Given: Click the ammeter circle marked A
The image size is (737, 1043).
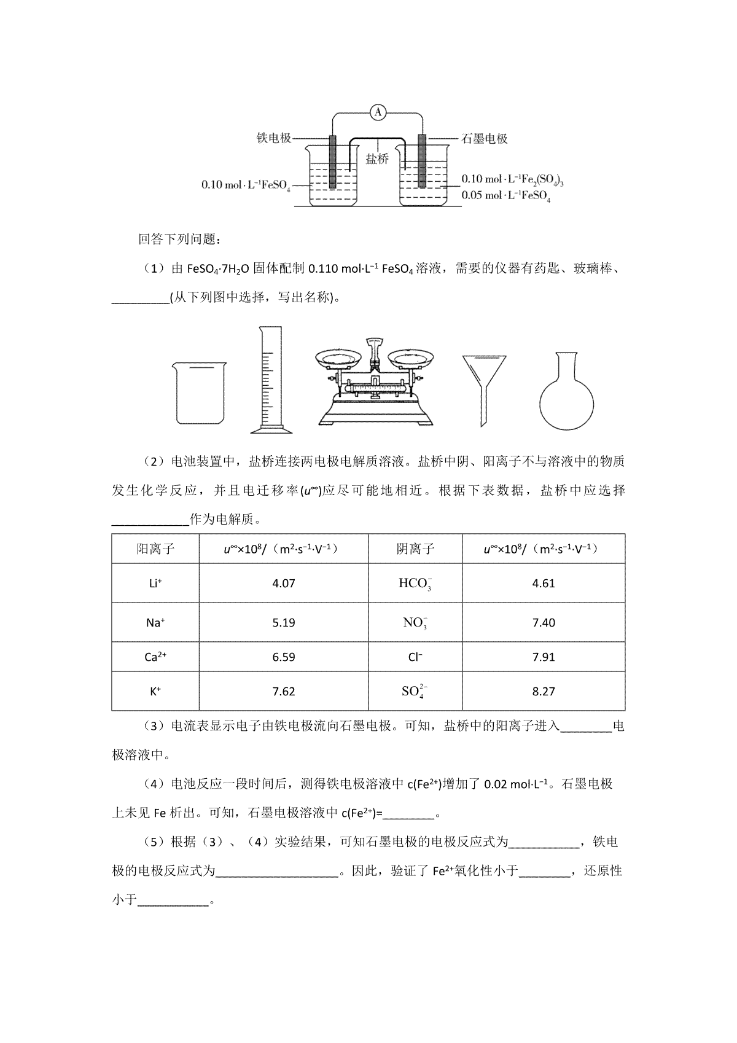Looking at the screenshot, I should coord(378,112).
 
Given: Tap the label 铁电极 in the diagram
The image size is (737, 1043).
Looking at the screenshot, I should coord(273,138).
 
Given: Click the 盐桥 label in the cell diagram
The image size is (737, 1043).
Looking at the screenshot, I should coord(377,159).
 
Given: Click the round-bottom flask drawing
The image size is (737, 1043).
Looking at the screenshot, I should coord(566,391).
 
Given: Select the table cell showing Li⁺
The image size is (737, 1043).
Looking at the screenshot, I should coord(155,583).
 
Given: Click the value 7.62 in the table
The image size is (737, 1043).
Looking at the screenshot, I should coord(284,691).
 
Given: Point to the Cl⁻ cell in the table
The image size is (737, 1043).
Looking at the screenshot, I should coord(415,657).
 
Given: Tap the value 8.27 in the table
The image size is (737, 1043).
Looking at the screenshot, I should coord(544,691).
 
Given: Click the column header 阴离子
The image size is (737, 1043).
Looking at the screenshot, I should coord(415,549).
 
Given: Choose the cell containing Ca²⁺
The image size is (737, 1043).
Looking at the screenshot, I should coord(155,657).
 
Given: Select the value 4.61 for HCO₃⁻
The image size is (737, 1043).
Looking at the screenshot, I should coord(544,583).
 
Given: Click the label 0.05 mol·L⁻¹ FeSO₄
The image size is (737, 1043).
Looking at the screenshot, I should coord(505,196).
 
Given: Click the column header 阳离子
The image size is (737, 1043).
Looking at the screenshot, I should coord(155,549).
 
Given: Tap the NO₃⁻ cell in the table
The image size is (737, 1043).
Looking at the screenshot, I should coord(415,622).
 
